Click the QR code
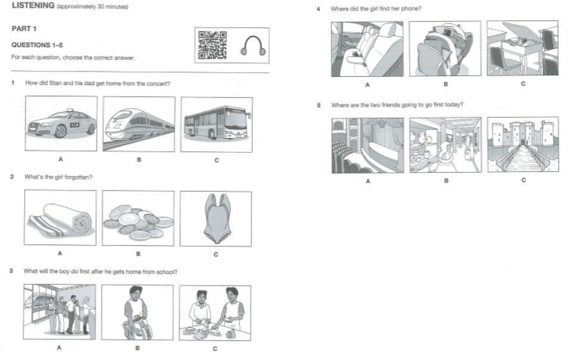[212, 45]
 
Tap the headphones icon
[252, 45]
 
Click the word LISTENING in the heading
[33, 5]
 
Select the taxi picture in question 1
[61, 123]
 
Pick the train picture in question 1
[139, 124]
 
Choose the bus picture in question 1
[217, 124]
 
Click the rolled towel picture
[60, 217]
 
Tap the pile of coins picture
[138, 218]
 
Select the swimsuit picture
[216, 219]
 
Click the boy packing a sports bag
[138, 312]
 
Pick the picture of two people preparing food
[215, 313]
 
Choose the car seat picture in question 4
[367, 49]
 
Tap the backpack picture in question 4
[445, 48]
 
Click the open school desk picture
[523, 48]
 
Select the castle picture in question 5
[523, 144]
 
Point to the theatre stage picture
[368, 145]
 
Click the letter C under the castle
[523, 180]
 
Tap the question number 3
[11, 271]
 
